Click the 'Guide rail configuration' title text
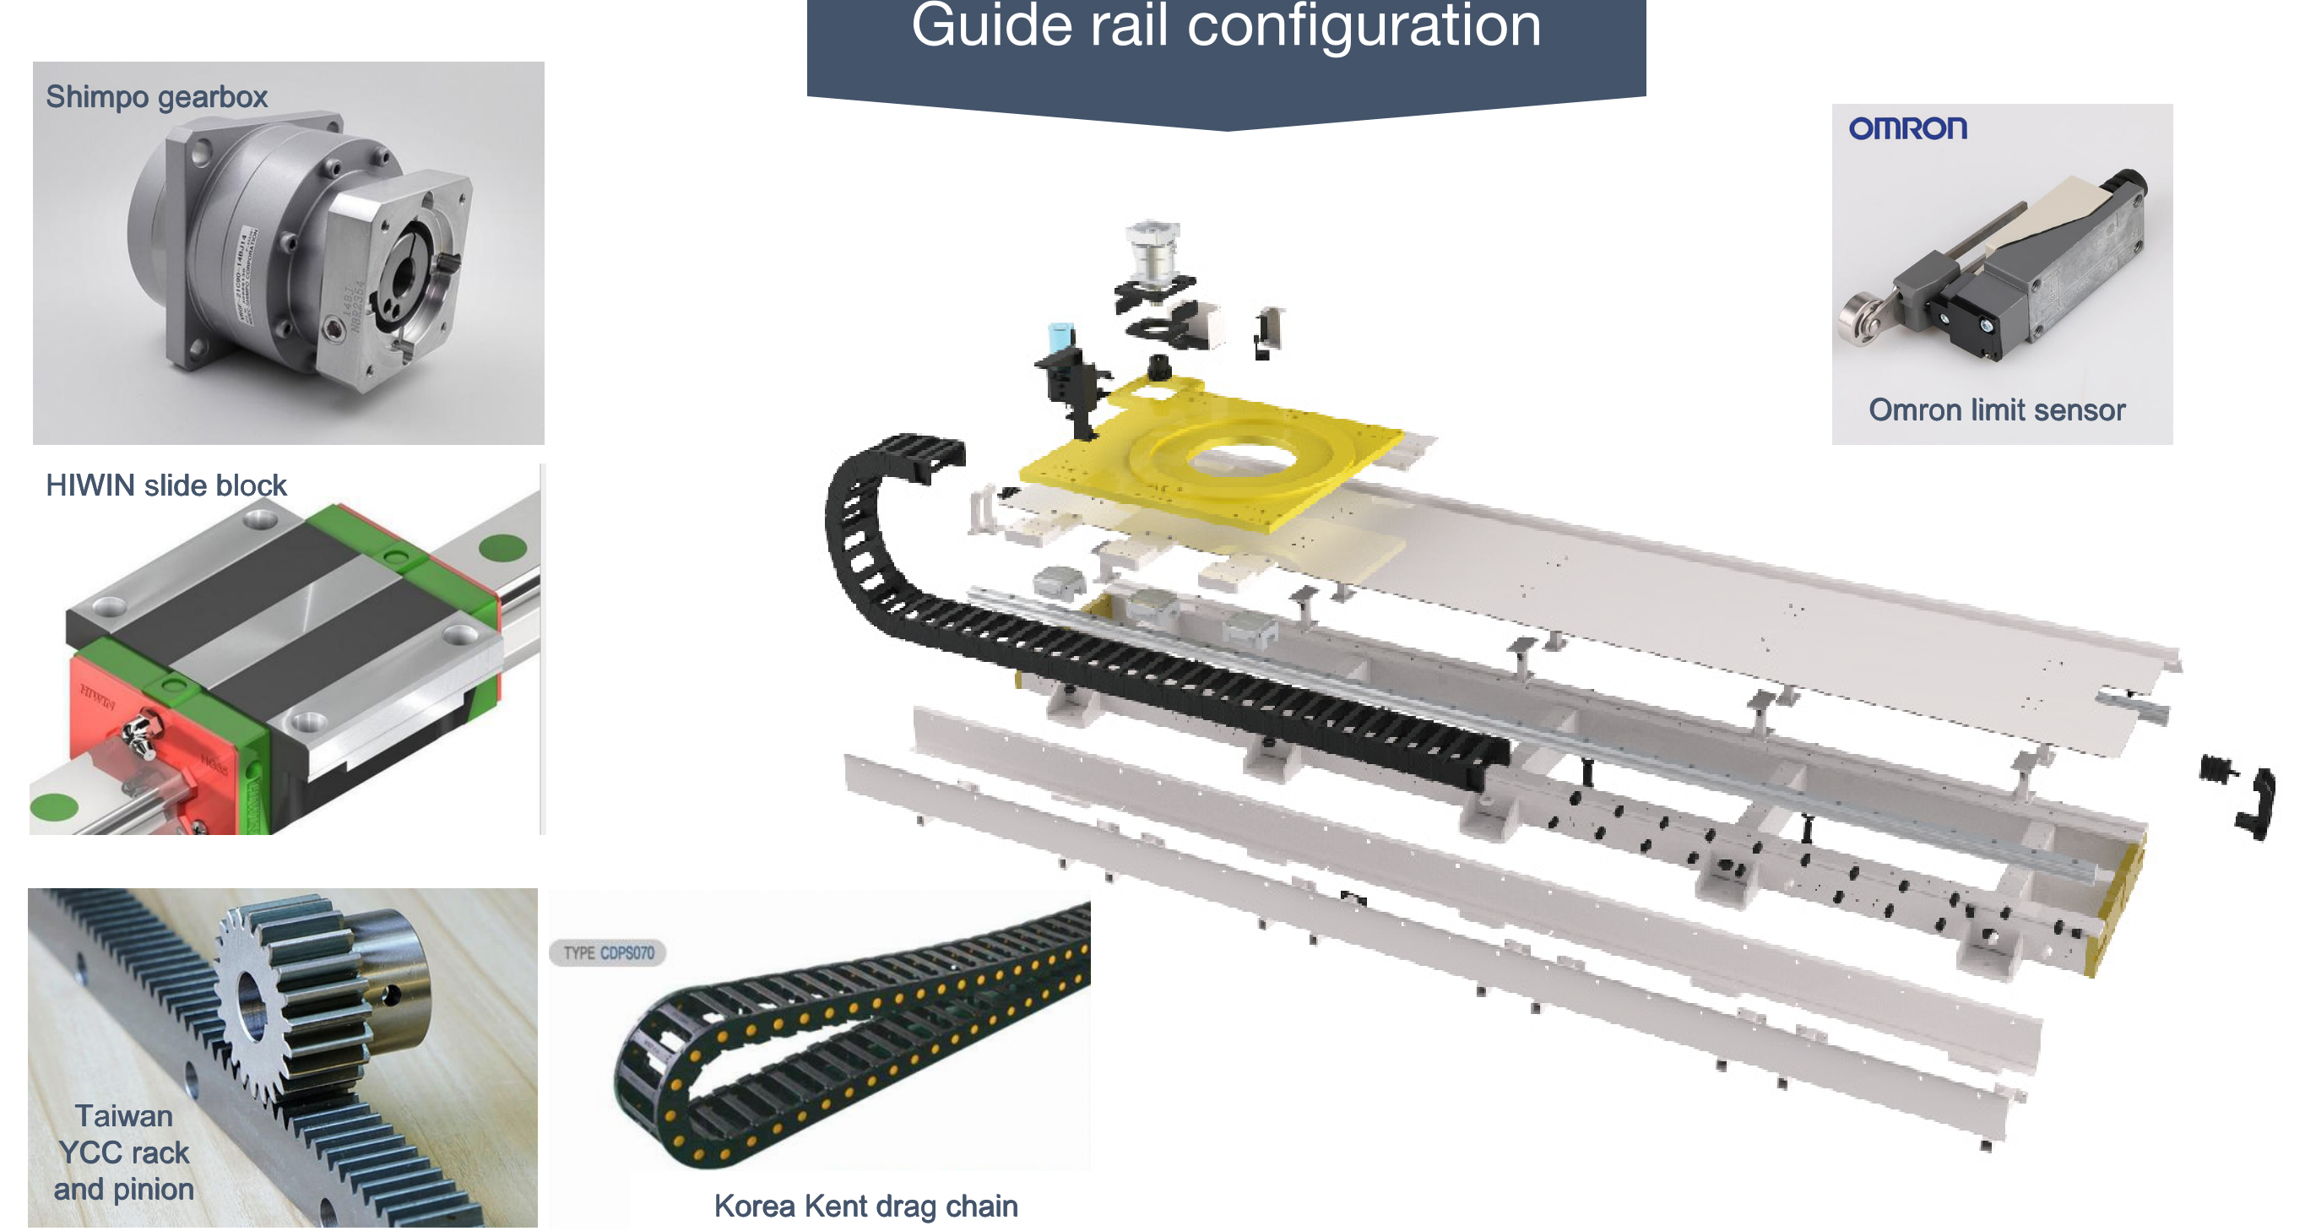(x=1226, y=27)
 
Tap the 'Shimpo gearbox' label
(x=156, y=96)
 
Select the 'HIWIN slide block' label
(x=165, y=485)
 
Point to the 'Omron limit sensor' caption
(x=1996, y=409)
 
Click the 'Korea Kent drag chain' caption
(x=865, y=1206)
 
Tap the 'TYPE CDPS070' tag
(x=609, y=952)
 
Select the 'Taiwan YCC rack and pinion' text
(x=123, y=1152)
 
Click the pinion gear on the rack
(x=268, y=1002)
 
